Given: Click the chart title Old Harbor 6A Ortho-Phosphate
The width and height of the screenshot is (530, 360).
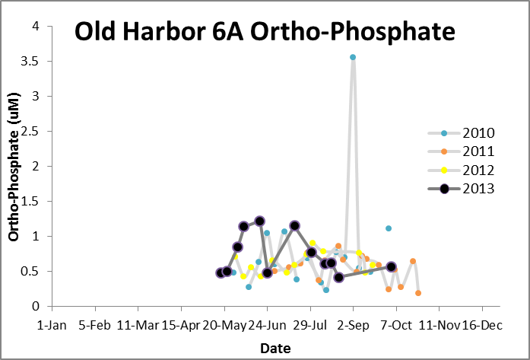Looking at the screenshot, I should [x=264, y=33].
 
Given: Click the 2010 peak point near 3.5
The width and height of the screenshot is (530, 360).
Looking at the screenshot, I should [x=353, y=57].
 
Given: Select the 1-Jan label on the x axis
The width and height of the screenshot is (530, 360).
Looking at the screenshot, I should [x=52, y=324].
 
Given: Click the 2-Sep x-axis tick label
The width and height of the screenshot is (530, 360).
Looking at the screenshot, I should [x=353, y=324].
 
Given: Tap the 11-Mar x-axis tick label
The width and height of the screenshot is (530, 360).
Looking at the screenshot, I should [x=138, y=324].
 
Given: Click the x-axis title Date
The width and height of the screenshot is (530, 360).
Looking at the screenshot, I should [x=275, y=348].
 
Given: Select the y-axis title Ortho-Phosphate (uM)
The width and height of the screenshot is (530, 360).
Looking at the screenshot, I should [x=14, y=166].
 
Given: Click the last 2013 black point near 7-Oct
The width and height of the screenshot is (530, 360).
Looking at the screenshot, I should [x=391, y=266].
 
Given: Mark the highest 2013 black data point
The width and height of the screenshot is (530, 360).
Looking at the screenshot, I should [x=260, y=221].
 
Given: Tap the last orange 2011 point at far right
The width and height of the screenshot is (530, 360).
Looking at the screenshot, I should [x=418, y=293].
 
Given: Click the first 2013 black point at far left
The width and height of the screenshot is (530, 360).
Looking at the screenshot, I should [x=221, y=272].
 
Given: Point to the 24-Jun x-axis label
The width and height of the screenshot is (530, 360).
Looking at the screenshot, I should [x=268, y=324].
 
